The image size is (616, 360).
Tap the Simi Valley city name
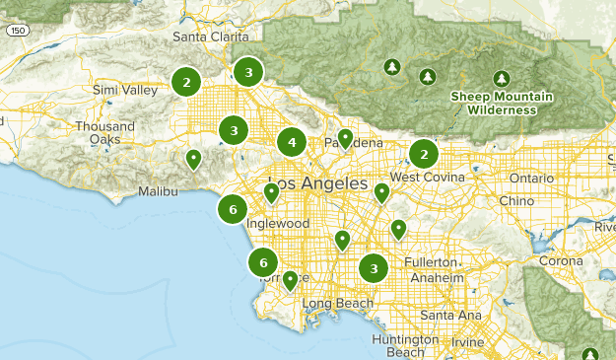click(124, 91)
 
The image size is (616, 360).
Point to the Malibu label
click(158, 191)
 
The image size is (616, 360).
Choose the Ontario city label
click(532, 178)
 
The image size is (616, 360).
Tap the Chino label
click(516, 200)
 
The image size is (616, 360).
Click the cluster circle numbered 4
click(291, 143)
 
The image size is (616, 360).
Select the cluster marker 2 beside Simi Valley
click(186, 82)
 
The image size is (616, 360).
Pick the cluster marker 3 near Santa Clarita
click(248, 72)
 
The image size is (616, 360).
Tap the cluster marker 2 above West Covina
click(424, 154)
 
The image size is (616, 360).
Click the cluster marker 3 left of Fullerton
click(374, 268)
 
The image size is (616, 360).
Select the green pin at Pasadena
click(344, 138)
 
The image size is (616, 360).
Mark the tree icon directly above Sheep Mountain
click(501, 78)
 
